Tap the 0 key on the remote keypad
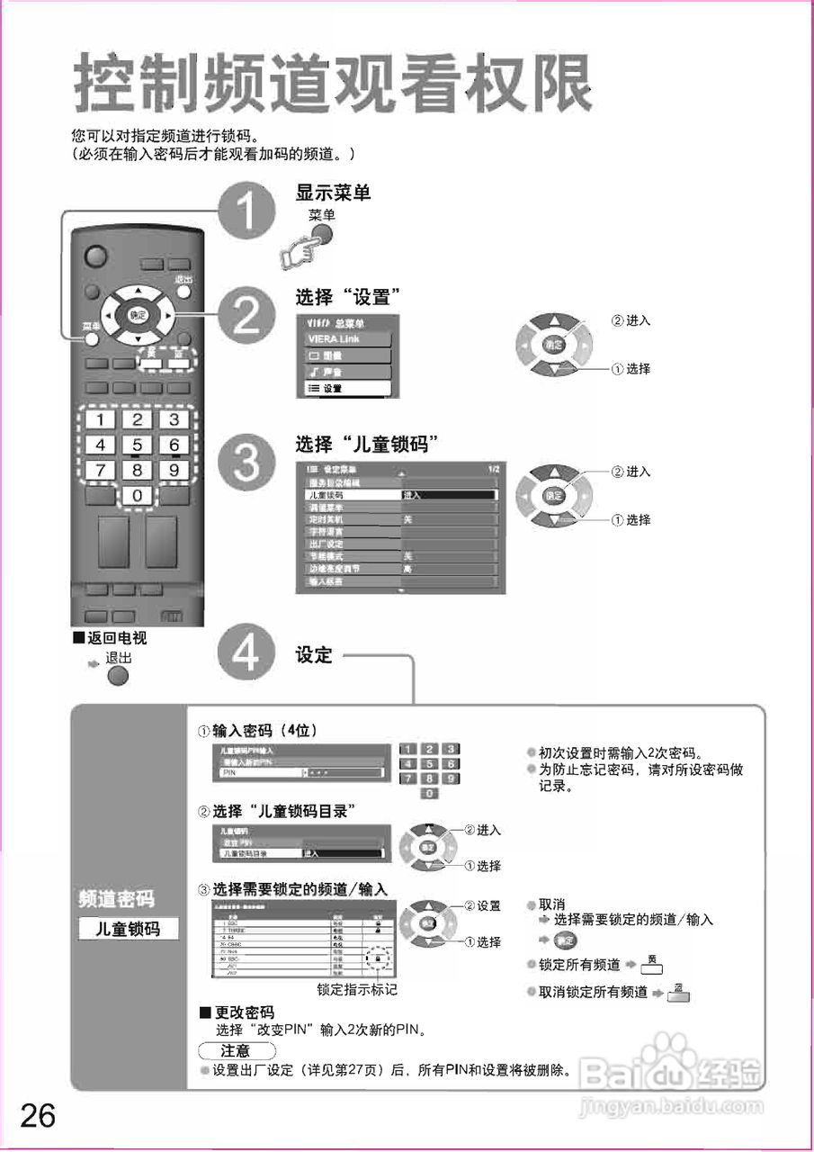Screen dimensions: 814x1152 pos(137,495)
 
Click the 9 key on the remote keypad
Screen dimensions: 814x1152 pos(174,469)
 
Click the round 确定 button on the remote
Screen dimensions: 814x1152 pos(137,315)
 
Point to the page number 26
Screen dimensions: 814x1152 pos(38,1116)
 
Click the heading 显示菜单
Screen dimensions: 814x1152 pos(333,193)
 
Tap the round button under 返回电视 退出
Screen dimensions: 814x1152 pos(119,676)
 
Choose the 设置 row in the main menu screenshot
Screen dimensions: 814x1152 pos(345,388)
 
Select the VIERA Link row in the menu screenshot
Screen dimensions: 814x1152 pos(345,339)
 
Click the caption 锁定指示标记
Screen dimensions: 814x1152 pos(357,989)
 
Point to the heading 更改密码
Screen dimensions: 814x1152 pos(242,1012)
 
